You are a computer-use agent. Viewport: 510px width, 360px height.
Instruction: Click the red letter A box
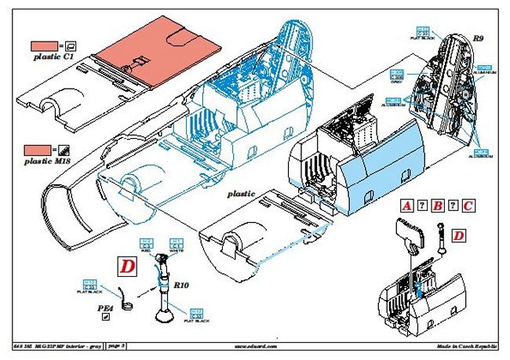406,206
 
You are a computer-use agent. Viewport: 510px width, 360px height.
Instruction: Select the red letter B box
438,206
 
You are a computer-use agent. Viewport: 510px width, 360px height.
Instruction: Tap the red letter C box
468,206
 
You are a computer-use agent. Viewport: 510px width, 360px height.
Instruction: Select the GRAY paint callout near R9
396,76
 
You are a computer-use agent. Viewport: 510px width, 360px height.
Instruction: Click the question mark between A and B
422,206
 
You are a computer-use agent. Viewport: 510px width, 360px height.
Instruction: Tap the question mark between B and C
454,206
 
